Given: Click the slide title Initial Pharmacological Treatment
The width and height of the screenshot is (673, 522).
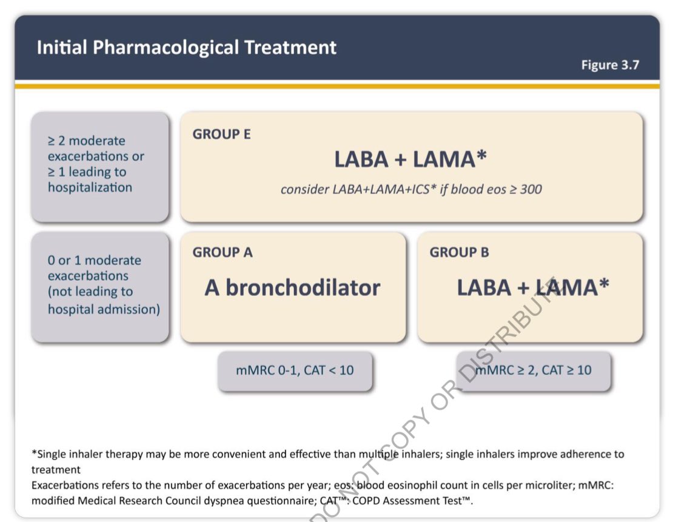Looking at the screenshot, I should (x=186, y=47).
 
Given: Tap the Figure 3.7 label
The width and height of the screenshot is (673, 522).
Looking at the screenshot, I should (x=610, y=65).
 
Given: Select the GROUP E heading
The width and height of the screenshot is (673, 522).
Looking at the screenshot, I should (x=221, y=135).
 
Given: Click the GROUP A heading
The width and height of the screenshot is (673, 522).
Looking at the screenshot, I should (x=223, y=252).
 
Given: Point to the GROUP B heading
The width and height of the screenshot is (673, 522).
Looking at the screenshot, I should (x=459, y=252).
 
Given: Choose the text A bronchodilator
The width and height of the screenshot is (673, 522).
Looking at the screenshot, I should (x=292, y=287).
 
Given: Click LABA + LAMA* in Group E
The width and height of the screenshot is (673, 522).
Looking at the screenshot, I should (x=410, y=159).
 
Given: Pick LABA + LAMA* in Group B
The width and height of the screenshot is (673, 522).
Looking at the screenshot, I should (x=532, y=287).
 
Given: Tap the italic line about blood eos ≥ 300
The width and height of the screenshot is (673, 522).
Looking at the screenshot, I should (x=411, y=189).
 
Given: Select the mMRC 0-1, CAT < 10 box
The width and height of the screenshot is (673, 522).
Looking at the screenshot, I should (x=295, y=370).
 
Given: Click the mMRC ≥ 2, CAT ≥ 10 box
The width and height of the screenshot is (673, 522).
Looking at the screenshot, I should (x=534, y=370).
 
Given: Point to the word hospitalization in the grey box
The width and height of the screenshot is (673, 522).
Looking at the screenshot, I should (x=90, y=187).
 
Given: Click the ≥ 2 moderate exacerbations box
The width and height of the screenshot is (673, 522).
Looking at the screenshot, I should (x=100, y=166).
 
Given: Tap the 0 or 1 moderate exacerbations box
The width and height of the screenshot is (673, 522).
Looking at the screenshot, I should (x=100, y=286).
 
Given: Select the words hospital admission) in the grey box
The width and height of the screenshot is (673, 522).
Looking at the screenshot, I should (x=104, y=309).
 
